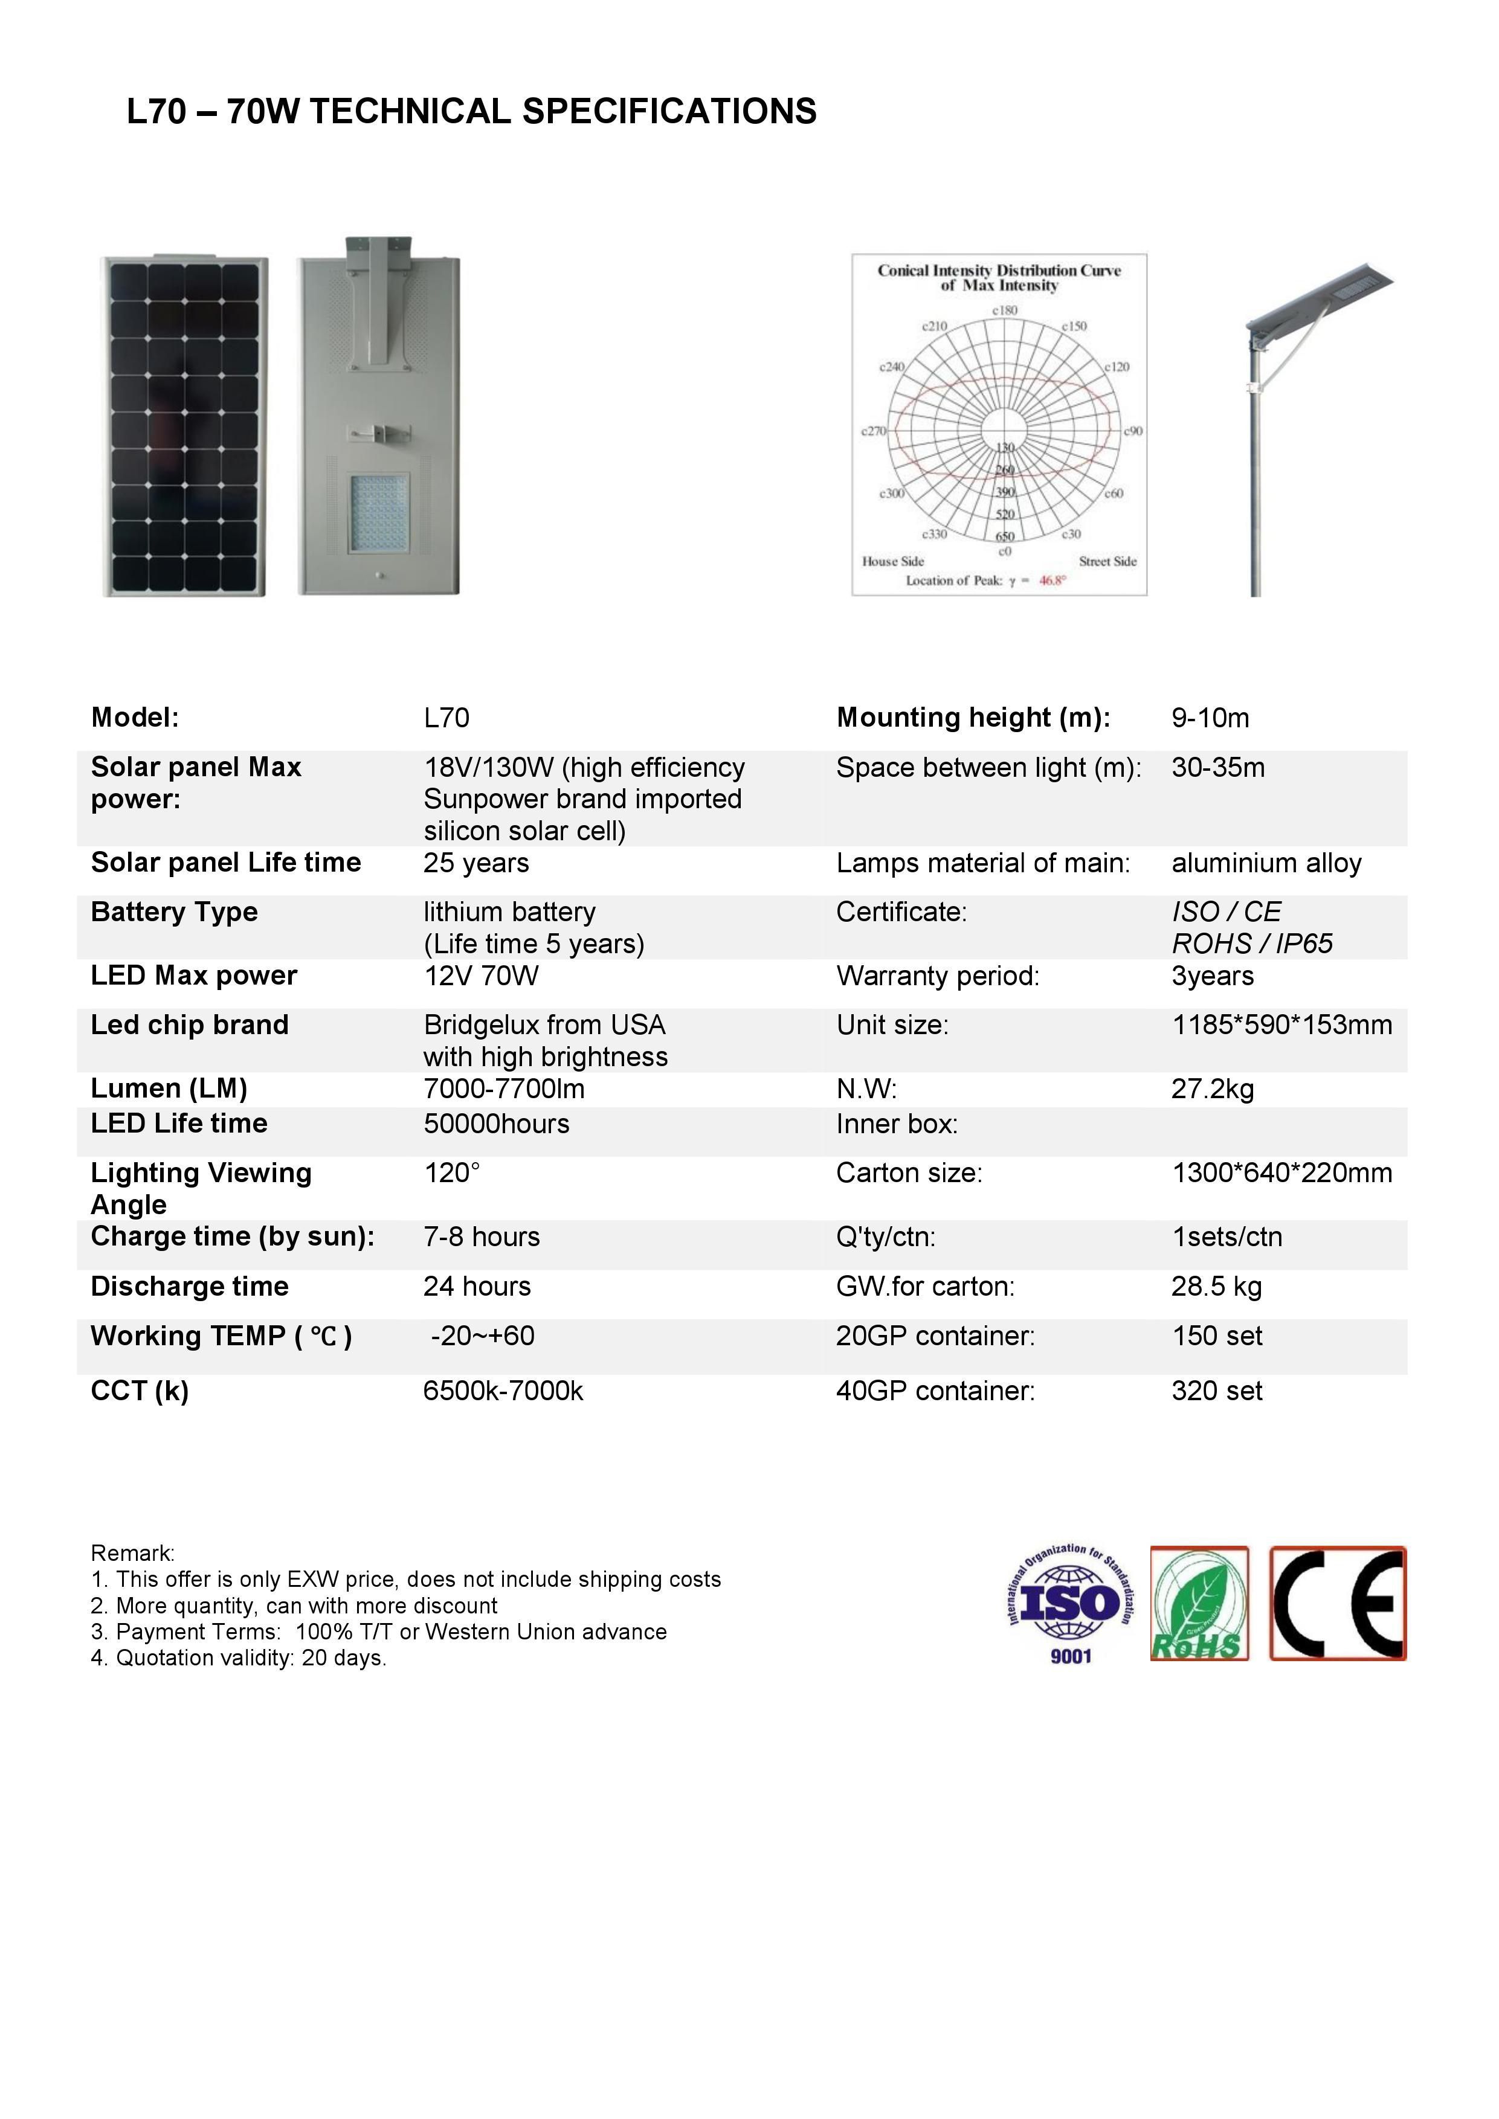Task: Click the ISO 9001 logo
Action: coord(1071,1606)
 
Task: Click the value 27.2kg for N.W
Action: coord(1212,1090)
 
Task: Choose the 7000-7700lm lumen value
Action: coord(504,1089)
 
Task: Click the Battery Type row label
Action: coord(175,912)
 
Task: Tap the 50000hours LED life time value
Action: coord(497,1124)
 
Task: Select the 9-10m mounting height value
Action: coord(1210,718)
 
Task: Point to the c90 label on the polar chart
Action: coord(1133,431)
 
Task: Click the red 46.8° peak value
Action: coord(1053,580)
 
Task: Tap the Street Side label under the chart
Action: coord(1107,561)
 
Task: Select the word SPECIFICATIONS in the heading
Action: coord(669,112)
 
